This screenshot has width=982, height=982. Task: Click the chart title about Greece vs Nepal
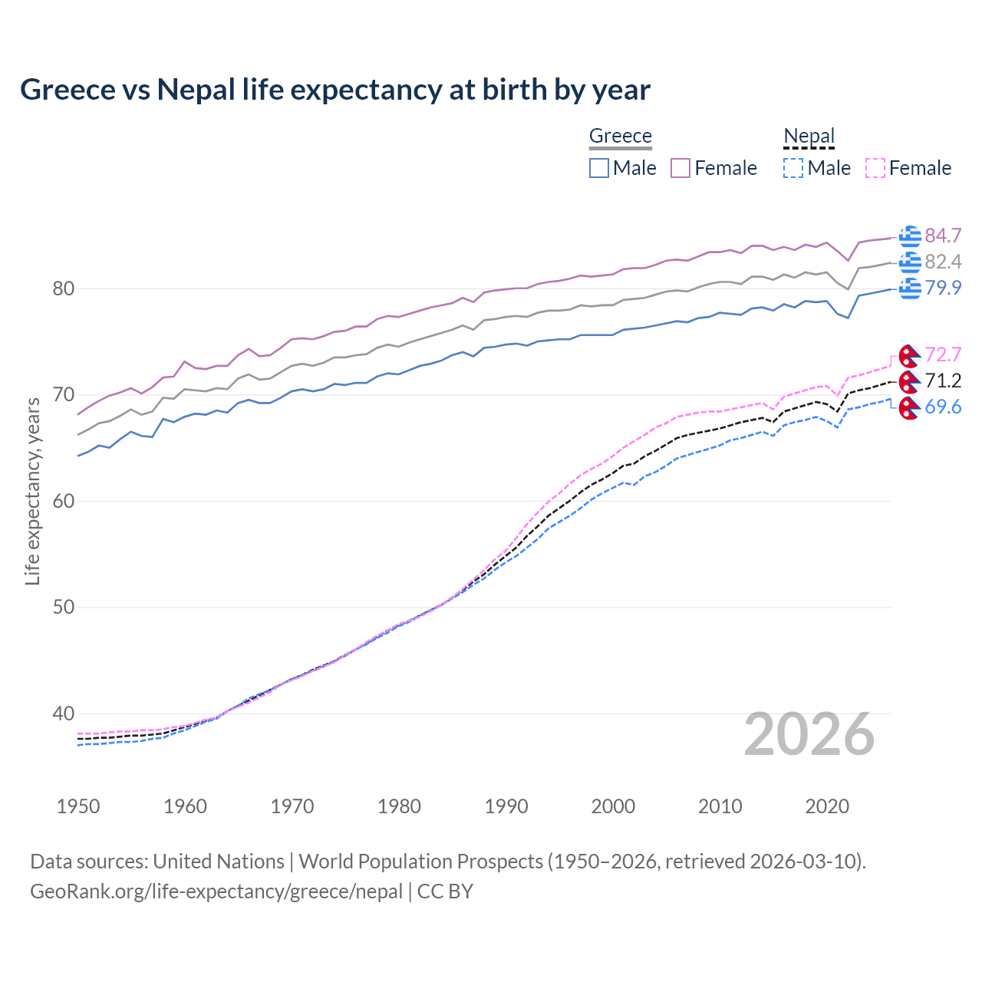(335, 90)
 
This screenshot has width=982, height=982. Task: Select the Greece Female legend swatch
(680, 168)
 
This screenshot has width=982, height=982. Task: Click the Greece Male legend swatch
(599, 168)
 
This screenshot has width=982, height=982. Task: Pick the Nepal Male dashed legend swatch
(793, 168)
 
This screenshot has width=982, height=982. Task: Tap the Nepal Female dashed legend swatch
(875, 168)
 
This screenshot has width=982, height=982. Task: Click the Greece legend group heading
(620, 136)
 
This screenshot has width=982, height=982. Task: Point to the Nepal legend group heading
(809, 136)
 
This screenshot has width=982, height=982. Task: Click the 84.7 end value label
(943, 236)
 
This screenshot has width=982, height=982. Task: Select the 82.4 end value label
(943, 262)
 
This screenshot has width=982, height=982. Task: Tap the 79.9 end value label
(943, 288)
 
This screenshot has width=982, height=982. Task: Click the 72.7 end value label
(943, 354)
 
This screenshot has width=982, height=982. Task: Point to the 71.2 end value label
(943, 381)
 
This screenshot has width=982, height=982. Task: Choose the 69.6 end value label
(943, 407)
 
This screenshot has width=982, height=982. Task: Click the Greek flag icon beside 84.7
(910, 236)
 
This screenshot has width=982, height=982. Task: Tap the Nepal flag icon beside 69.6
(909, 408)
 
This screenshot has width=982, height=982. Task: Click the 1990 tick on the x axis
(506, 806)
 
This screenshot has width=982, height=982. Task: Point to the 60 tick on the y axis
(64, 501)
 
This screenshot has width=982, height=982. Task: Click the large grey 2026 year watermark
(809, 734)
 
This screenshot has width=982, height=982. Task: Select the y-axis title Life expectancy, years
(32, 491)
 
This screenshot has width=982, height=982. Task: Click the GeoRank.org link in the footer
(216, 891)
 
